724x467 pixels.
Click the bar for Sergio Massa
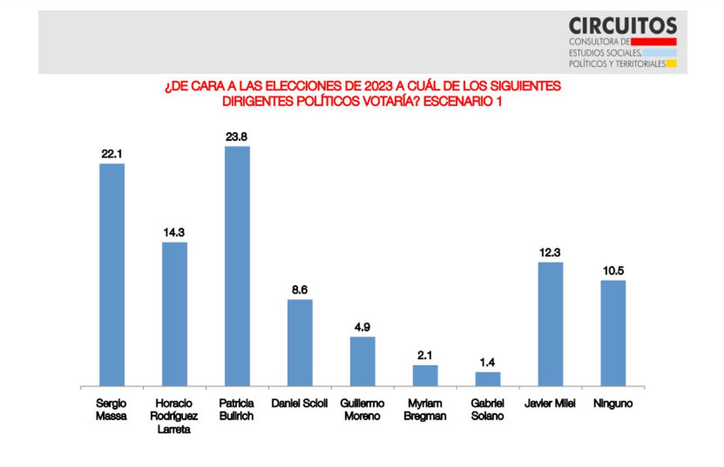tap(112, 274)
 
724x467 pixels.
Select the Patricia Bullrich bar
tap(237, 266)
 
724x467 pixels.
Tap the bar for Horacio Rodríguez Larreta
tap(174, 313)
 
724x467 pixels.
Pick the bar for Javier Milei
tap(550, 324)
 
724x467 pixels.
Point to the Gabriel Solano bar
tap(487, 379)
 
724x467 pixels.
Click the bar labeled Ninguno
tap(613, 333)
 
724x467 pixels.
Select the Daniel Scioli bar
tap(300, 342)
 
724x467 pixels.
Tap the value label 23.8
tap(237, 137)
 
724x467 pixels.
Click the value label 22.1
tap(112, 154)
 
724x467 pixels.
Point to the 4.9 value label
tap(363, 327)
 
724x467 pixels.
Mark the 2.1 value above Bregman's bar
tap(425, 356)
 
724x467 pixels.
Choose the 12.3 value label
tap(550, 252)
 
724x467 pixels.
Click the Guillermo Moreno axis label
tap(363, 410)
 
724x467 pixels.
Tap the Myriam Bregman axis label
tap(425, 410)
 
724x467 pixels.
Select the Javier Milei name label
tap(550, 404)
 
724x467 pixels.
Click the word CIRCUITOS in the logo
tap(623, 25)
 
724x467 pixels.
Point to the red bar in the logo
tap(653, 42)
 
